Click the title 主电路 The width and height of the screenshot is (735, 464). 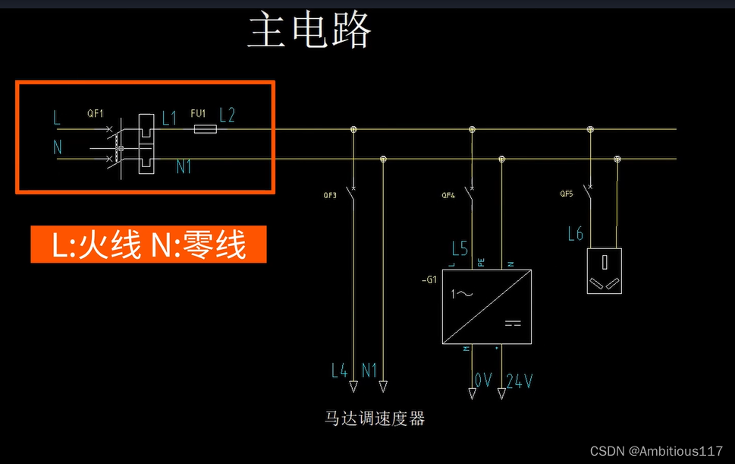(x=309, y=31)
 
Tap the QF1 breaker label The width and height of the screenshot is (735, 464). (x=95, y=114)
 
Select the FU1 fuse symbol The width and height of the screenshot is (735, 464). (x=205, y=130)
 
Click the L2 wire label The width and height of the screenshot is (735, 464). (x=227, y=115)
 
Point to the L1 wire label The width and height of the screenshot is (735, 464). (x=168, y=118)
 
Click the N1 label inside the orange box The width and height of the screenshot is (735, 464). (x=184, y=166)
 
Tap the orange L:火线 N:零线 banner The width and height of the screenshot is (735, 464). (x=149, y=245)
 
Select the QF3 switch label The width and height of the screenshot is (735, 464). (x=329, y=195)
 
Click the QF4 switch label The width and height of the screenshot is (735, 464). (x=448, y=195)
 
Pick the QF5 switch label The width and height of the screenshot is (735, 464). (x=567, y=194)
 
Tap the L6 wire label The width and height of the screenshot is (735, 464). (x=575, y=234)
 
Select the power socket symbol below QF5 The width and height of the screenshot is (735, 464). (x=604, y=271)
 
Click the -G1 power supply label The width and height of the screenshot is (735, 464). (x=429, y=279)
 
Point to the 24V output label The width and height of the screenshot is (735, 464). (x=519, y=380)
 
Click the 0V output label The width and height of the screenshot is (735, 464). (x=483, y=380)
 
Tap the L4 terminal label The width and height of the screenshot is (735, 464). (x=340, y=371)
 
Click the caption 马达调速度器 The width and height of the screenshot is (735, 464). (x=375, y=418)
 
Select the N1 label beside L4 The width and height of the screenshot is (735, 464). (x=369, y=371)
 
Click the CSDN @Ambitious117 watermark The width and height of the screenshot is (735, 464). (x=656, y=451)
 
